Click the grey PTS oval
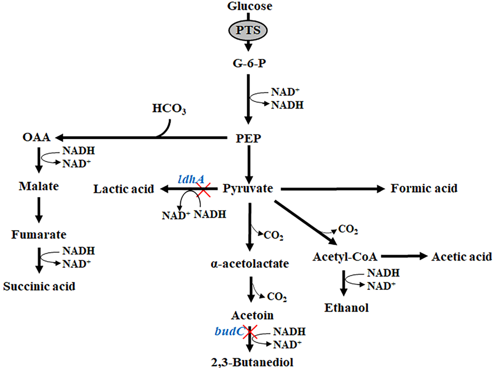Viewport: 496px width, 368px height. [248, 30]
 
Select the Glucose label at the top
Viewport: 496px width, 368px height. [250, 6]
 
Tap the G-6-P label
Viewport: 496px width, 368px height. [249, 63]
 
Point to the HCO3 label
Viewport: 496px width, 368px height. [169, 109]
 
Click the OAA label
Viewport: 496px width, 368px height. [36, 137]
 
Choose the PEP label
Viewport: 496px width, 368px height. [248, 138]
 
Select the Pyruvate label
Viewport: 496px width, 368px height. [248, 189]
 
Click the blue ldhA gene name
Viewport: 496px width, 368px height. [191, 179]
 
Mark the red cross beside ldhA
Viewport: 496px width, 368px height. [203, 189]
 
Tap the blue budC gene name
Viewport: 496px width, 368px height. [229, 331]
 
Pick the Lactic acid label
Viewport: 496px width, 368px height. [124, 189]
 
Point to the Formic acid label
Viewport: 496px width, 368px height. [424, 188]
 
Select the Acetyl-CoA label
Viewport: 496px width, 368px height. [345, 257]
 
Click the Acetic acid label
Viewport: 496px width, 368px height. [462, 257]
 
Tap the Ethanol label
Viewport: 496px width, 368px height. [346, 308]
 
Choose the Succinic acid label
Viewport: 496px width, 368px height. [39, 286]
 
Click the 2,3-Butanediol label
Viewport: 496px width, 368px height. [252, 362]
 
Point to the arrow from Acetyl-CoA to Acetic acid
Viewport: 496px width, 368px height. [404, 257]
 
